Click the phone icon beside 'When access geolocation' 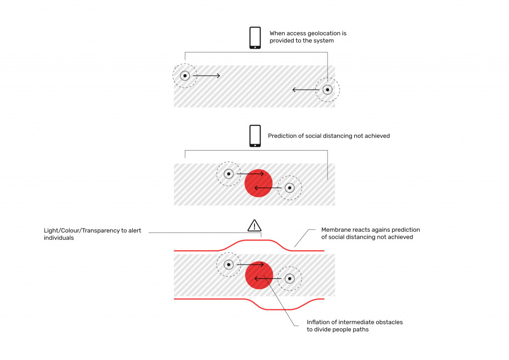255,38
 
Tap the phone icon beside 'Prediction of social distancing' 255,136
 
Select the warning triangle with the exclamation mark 254,225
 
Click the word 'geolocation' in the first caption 328,33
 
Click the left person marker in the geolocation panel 184,76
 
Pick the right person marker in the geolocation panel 328,90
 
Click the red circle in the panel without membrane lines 258,182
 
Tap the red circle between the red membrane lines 259,274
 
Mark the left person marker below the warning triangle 229,265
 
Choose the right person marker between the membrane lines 289,278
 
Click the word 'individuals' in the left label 58,238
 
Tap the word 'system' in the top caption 324,41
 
